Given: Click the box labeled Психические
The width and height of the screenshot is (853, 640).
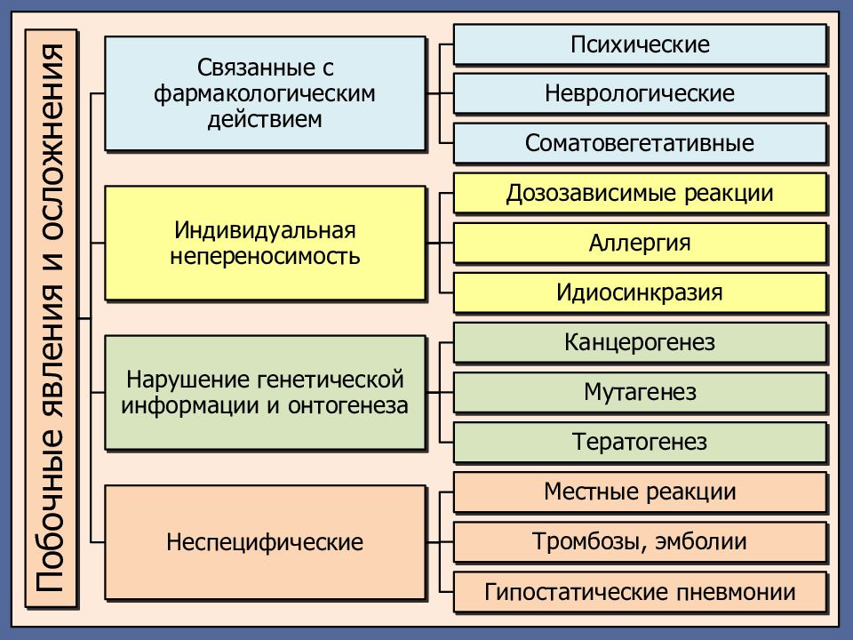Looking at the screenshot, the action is [x=640, y=44].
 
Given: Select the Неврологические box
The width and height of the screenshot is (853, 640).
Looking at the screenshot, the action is [x=640, y=93].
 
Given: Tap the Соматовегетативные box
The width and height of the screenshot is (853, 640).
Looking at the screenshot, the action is [x=640, y=143].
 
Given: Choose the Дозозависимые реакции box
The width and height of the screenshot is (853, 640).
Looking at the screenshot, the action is [x=640, y=193].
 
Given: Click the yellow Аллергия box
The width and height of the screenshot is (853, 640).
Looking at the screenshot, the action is [x=640, y=243].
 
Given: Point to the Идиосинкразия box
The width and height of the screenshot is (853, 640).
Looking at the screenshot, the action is [x=640, y=292].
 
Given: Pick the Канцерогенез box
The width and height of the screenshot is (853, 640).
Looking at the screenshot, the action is [x=640, y=342].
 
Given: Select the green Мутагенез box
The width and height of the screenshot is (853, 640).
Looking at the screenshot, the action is [x=640, y=392].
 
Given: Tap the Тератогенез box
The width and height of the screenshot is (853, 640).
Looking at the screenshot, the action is [x=640, y=442].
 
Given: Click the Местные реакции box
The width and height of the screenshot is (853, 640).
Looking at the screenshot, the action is [x=640, y=492].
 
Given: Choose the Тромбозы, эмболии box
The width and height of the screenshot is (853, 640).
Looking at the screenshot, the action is [x=640, y=541].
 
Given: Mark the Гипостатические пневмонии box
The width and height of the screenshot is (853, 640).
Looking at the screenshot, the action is [x=640, y=592].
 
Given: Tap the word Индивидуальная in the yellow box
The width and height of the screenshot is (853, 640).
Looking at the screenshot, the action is [x=265, y=231].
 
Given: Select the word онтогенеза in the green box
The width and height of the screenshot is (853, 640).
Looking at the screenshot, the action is [x=348, y=405].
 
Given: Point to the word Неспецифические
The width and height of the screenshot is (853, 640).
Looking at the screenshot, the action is [x=265, y=542].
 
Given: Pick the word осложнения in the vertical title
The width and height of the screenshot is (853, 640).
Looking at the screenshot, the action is [x=51, y=142].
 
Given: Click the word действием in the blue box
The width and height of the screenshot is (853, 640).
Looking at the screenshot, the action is [x=265, y=119].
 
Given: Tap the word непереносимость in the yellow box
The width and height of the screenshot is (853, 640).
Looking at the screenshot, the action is [x=265, y=256].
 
